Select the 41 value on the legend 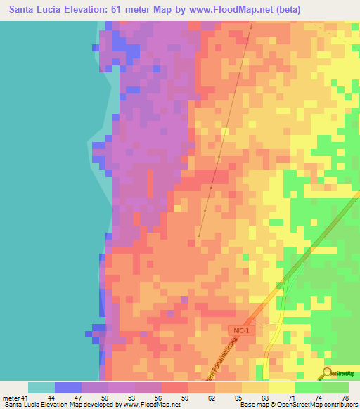(23, 397)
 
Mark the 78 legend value (344, 397)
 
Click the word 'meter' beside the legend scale (10, 397)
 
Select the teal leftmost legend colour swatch (41, 387)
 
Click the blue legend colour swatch (67, 387)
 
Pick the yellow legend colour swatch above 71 (281, 387)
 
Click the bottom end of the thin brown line (198, 236)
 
